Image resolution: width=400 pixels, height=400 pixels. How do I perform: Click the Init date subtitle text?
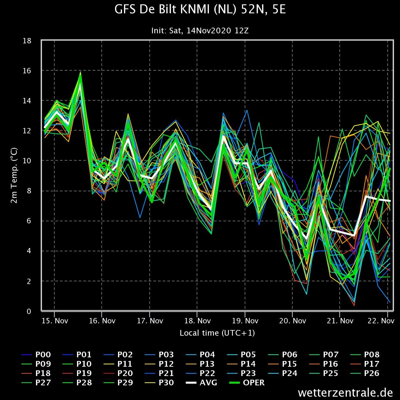point(200,31)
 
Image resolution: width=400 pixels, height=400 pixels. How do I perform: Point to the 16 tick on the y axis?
point(27,71)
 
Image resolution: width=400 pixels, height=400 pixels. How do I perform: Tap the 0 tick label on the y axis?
point(29,311)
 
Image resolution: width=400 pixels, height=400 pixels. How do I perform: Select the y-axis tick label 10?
point(27,161)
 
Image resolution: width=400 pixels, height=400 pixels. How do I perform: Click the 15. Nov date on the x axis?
point(55,321)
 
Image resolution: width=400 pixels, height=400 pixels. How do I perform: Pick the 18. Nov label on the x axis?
point(197,321)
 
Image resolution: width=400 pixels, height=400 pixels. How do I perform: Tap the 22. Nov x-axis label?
point(381,321)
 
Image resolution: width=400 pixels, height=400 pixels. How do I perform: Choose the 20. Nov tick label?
point(292,321)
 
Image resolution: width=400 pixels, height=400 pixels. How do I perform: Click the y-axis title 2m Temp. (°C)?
point(14,176)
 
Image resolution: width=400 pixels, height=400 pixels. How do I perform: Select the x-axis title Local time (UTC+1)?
point(217,333)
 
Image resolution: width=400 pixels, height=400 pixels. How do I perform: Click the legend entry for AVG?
point(201,382)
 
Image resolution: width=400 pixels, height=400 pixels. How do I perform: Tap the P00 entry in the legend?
point(36,355)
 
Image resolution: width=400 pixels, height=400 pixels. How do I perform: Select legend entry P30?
point(159,382)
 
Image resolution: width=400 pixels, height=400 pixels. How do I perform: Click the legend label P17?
point(365,364)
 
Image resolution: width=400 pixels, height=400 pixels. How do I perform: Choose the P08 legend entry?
point(365,355)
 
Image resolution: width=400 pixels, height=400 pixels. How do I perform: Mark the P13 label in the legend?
point(200,364)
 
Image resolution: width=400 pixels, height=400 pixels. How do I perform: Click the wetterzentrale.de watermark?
point(345,393)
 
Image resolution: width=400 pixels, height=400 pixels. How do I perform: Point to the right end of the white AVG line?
point(390,201)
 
